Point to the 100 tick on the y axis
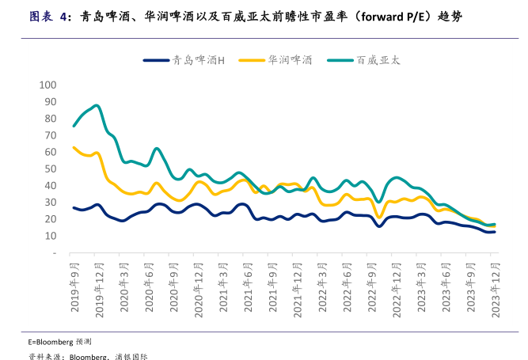pyautogui.click(x=47, y=85)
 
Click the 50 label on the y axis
pyautogui.click(x=50, y=169)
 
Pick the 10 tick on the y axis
pyautogui.click(x=50, y=236)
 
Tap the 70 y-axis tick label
pyautogui.click(x=50, y=135)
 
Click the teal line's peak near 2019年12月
pyautogui.click(x=97, y=105)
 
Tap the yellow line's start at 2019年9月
pyautogui.click(x=74, y=147)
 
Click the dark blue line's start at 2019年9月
pyautogui.click(x=74, y=208)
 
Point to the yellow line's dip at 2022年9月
pyautogui.click(x=379, y=218)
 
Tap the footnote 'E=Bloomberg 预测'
pyautogui.click(x=60, y=341)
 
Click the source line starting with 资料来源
pyautogui.click(x=87, y=356)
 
